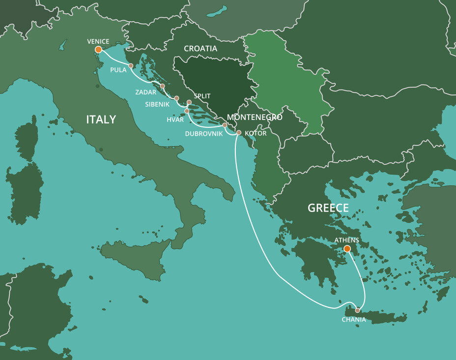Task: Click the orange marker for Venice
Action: click(x=98, y=50)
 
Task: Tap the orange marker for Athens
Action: click(x=347, y=249)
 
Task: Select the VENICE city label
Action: click(x=98, y=41)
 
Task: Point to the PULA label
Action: click(x=118, y=70)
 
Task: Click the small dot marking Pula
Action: click(x=131, y=66)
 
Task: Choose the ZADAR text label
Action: click(x=146, y=92)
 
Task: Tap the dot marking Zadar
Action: click(x=162, y=86)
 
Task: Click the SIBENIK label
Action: click(x=157, y=104)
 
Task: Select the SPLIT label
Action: click(x=202, y=96)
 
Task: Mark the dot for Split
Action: click(x=189, y=102)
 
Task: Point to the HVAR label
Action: click(x=175, y=120)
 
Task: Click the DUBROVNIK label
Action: click(x=204, y=133)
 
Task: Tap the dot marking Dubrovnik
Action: click(x=225, y=125)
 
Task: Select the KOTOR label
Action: click(x=256, y=133)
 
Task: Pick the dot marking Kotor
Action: click(x=239, y=133)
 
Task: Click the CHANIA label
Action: click(x=354, y=320)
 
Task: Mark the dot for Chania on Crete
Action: click(x=357, y=310)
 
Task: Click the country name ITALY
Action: click(x=101, y=120)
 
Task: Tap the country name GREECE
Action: click(x=328, y=208)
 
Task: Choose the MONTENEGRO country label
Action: click(x=255, y=118)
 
